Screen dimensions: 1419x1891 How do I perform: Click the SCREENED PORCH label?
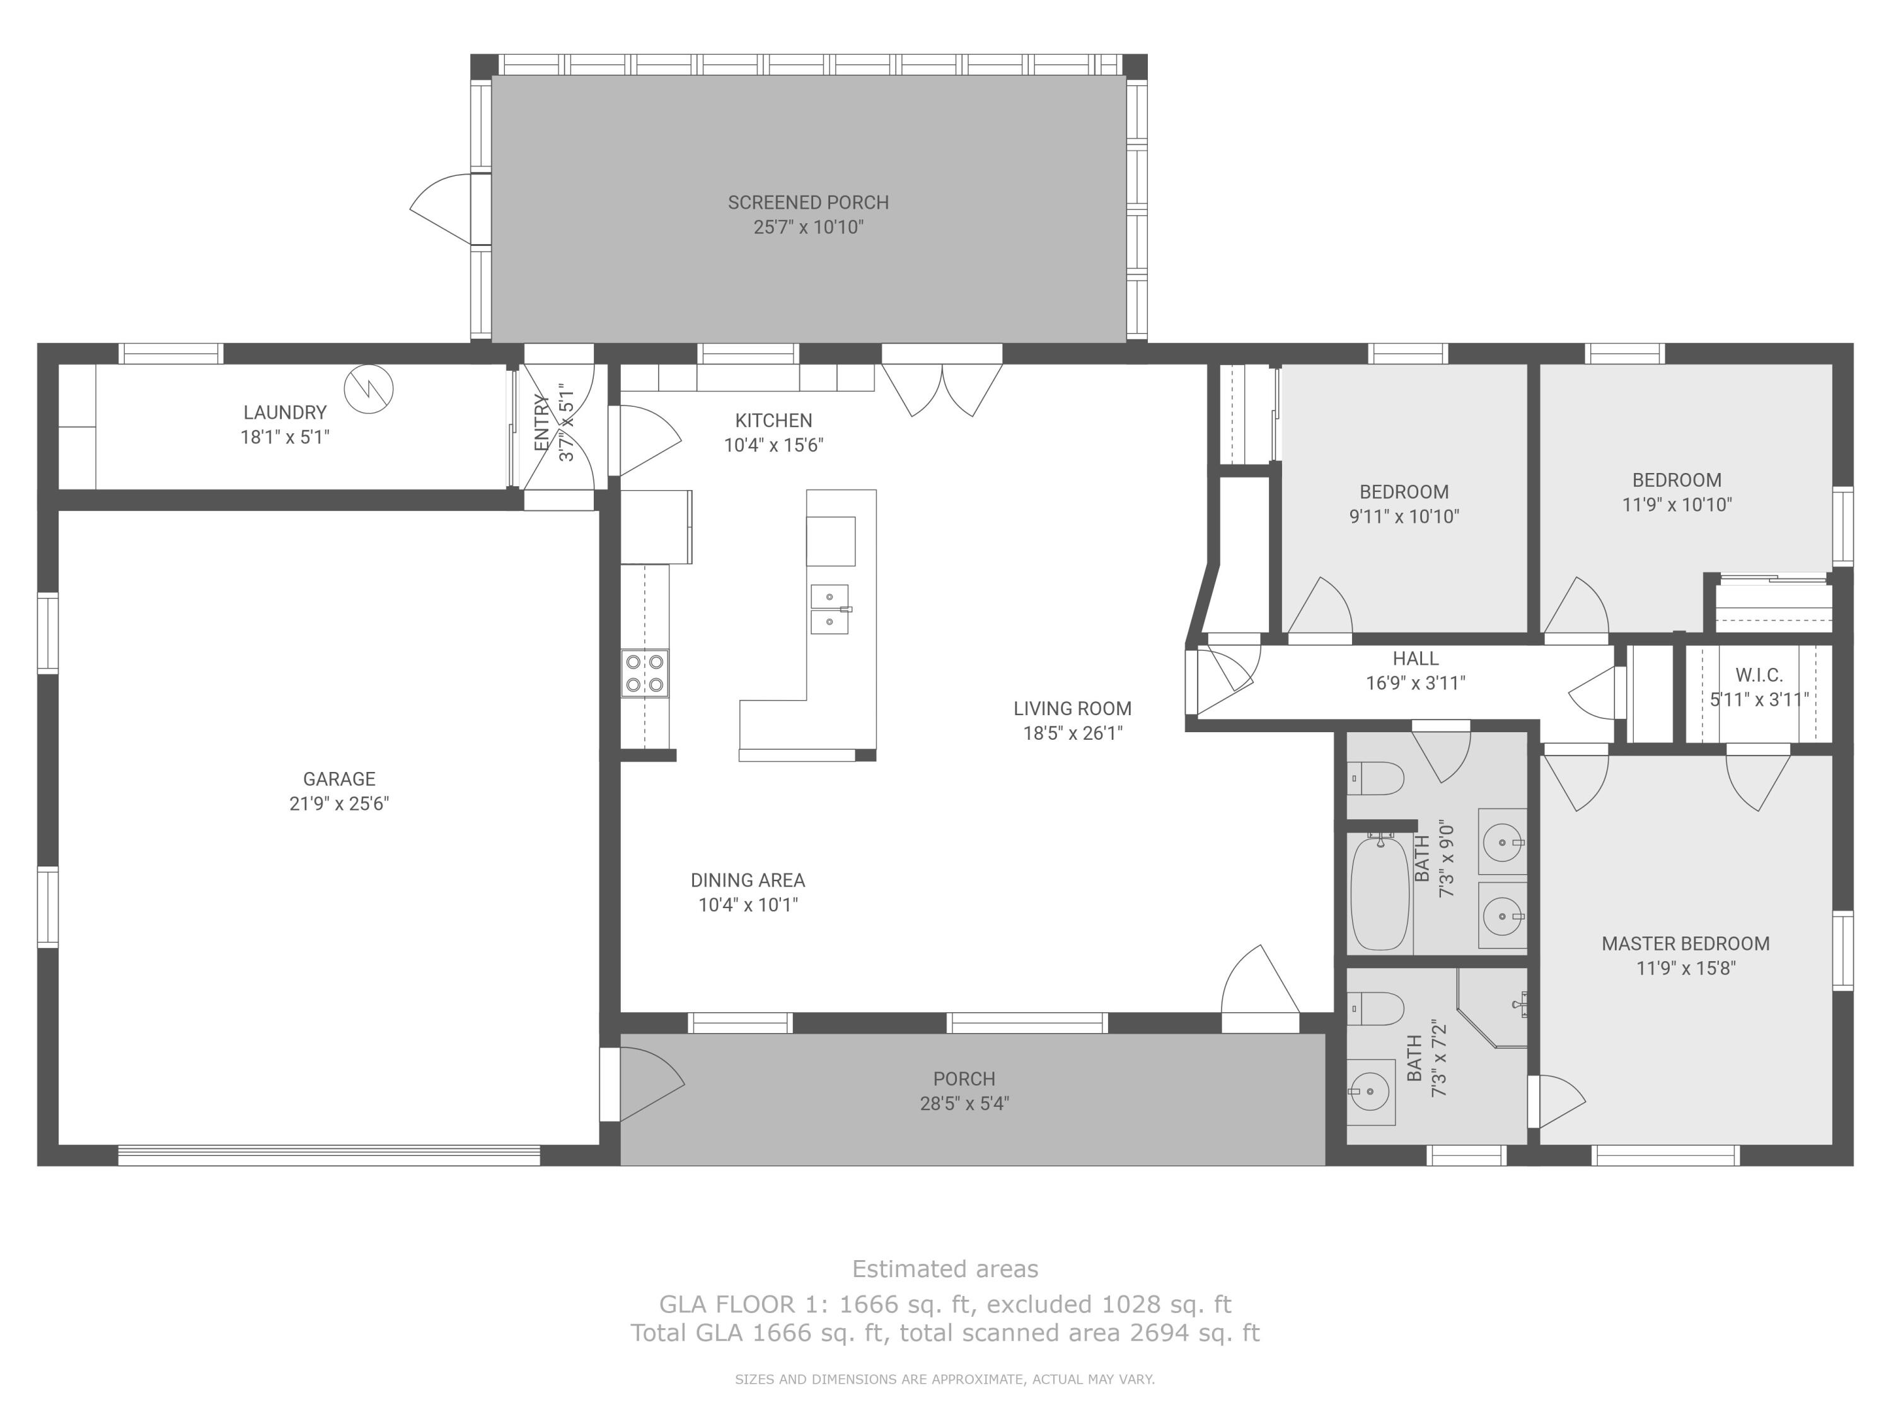(808, 202)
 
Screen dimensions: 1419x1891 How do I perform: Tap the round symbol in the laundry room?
(369, 389)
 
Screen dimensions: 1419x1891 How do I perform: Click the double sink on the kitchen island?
(830, 609)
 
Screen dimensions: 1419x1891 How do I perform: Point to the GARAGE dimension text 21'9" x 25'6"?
(339, 803)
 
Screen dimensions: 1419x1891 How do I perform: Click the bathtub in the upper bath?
(1379, 892)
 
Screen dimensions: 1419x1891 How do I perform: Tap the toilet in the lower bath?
(1375, 1008)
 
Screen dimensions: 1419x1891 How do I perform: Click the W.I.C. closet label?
(1759, 675)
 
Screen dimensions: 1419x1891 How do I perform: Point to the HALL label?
(1415, 658)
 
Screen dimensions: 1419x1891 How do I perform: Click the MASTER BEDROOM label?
(1685, 943)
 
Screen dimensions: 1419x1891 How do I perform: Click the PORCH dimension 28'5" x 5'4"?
(964, 1104)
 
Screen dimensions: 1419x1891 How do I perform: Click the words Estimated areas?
(945, 1268)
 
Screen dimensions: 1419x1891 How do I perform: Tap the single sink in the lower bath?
(1370, 1092)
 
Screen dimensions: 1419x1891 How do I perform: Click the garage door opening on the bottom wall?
(329, 1155)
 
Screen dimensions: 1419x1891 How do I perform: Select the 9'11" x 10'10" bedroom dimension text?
(1404, 517)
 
